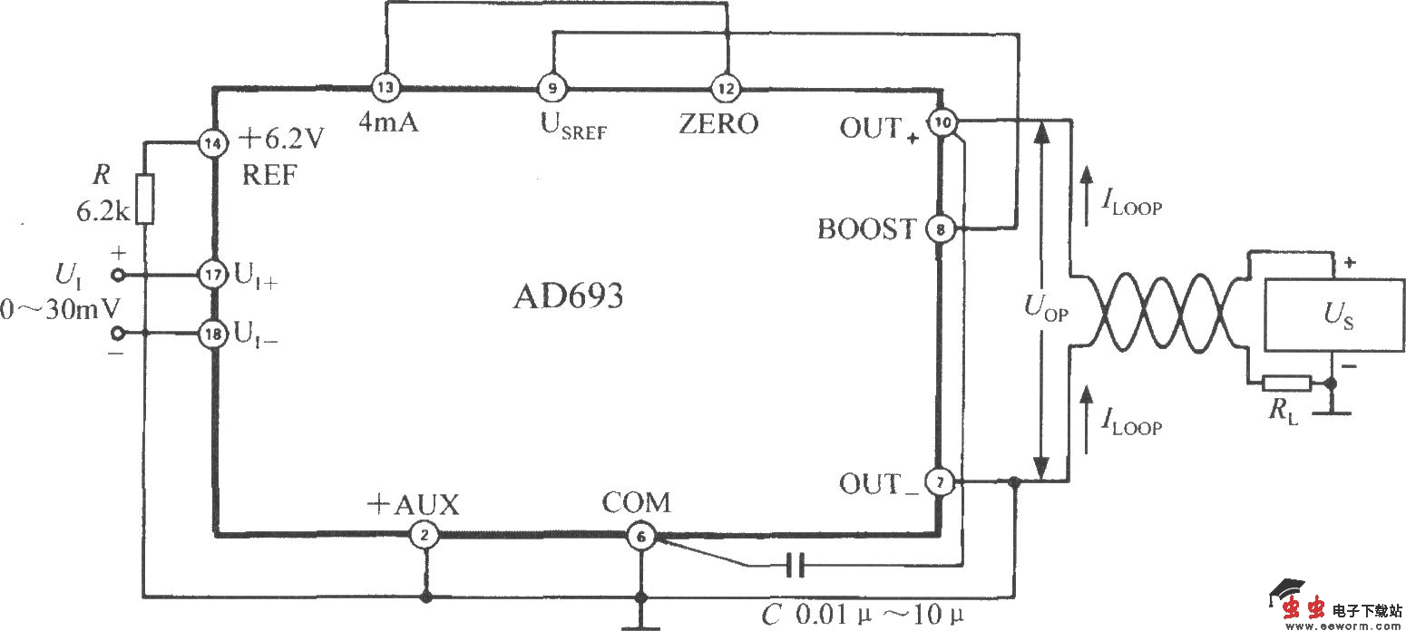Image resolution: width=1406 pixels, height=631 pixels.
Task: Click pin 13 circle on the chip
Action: [x=386, y=87]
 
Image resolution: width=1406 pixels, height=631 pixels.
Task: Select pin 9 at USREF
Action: [x=552, y=88]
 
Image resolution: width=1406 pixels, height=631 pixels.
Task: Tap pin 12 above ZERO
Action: [x=726, y=89]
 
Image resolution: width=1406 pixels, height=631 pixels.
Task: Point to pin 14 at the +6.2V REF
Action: [x=213, y=143]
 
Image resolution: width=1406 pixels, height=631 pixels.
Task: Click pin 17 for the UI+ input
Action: [x=213, y=275]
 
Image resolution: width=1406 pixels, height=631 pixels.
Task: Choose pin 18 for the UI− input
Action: [x=213, y=333]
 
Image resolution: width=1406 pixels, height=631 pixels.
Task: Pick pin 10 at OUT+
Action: [x=942, y=122]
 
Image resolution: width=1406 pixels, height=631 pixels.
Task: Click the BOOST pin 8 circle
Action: [x=941, y=229]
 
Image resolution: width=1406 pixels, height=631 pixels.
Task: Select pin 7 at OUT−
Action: [x=940, y=482]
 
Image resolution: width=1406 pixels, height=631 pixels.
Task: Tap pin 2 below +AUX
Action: [x=425, y=535]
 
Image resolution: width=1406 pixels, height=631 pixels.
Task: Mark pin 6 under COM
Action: [x=640, y=537]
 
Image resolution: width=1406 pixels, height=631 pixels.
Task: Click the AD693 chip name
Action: [x=569, y=296]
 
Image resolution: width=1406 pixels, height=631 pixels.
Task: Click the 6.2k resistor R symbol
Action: [x=145, y=199]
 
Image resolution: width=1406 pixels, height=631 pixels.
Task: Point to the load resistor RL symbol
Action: [x=1287, y=383]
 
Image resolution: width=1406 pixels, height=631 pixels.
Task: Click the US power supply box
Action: [x=1334, y=315]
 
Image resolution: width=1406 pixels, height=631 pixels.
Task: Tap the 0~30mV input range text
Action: [x=60, y=309]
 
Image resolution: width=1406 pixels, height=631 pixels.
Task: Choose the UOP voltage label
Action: [x=1046, y=307]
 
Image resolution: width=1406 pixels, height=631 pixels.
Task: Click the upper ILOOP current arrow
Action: [x=1087, y=196]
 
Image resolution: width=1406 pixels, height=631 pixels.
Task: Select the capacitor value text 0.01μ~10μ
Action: [x=879, y=614]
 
